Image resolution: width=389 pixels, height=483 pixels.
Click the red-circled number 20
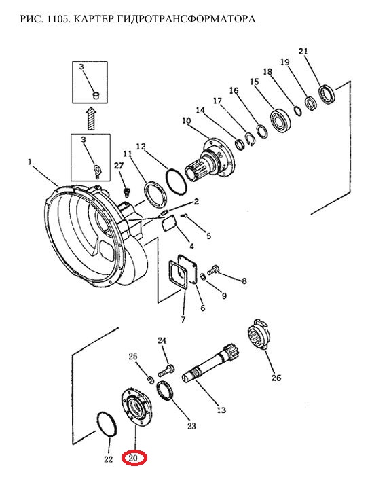(133, 458)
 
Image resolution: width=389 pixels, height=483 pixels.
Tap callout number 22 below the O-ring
(109, 459)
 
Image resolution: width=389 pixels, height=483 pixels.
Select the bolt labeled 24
(166, 371)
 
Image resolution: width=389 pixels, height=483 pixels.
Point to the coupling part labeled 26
(258, 334)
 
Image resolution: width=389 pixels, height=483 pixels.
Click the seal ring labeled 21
(327, 94)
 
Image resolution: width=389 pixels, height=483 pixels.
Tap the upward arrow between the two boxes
(92, 118)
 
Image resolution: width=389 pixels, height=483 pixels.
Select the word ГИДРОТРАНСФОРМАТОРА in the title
(186, 19)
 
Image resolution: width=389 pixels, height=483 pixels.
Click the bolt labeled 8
(212, 270)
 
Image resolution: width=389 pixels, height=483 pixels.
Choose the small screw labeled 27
(126, 192)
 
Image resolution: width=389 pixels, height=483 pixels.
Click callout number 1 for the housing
(30, 162)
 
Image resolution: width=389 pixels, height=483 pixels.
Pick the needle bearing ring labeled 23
(166, 391)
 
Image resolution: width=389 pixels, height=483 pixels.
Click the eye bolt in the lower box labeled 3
(97, 170)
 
